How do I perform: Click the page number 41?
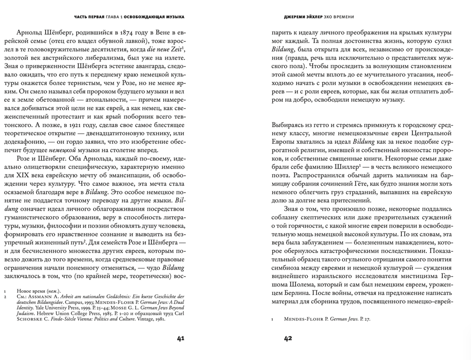[180, 338]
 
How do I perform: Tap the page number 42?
[288, 338]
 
